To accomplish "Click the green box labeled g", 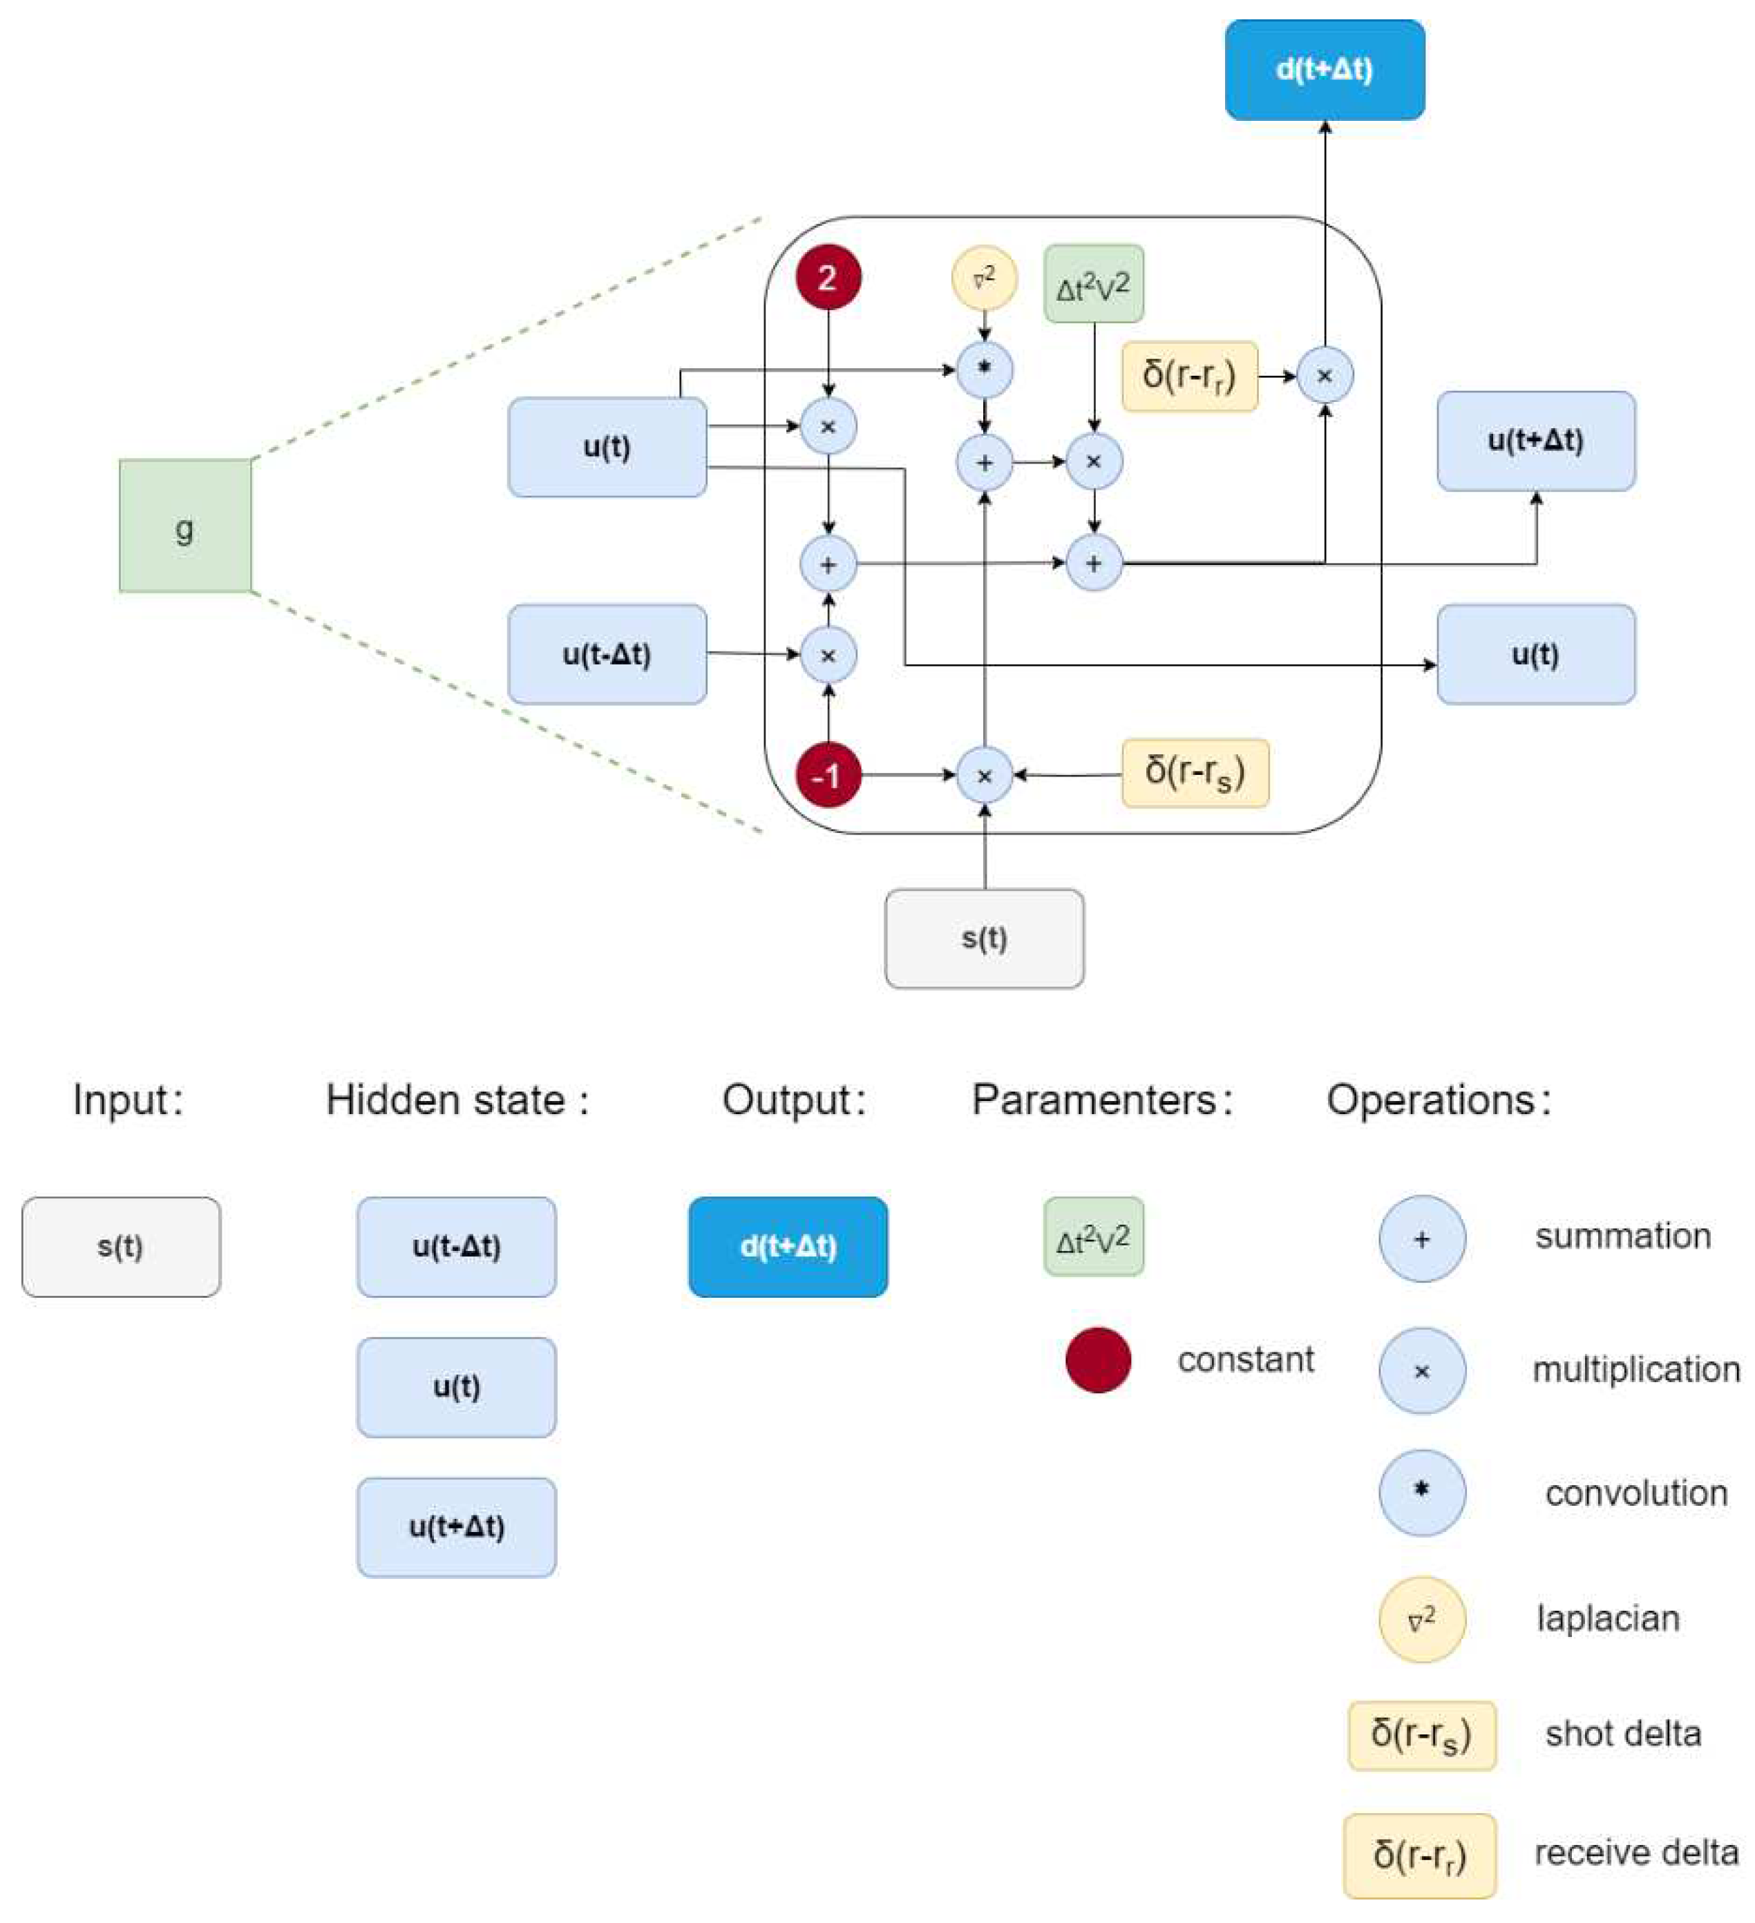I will click(185, 526).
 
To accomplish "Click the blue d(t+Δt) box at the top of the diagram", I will click(1324, 70).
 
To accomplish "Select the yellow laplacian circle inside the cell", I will click(984, 278).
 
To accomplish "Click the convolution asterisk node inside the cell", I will click(984, 369).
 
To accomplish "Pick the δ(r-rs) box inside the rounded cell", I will click(1195, 774).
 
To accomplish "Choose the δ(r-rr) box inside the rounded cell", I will click(1189, 376).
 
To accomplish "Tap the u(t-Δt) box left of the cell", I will click(607, 654).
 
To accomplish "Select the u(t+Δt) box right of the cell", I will click(1535, 441).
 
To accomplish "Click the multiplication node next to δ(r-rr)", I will click(1325, 376).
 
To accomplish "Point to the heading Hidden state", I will click(457, 1100).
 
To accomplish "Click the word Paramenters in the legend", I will click(1094, 1100).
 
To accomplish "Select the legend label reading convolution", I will click(1635, 1493).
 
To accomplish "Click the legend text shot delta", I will click(1623, 1733).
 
